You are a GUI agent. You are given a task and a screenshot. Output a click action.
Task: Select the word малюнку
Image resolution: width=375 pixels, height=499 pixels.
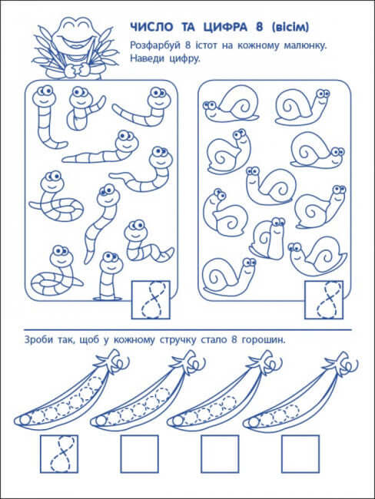pos(304,47)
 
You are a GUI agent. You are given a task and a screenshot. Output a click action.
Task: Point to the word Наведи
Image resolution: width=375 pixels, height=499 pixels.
pos(148,60)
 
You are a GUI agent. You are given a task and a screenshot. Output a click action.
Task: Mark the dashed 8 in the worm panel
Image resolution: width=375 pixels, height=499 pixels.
pos(153,300)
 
